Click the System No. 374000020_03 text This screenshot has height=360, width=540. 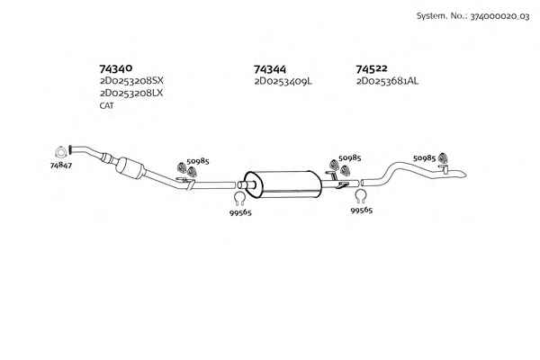(x=472, y=16)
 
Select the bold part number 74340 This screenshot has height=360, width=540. (x=116, y=68)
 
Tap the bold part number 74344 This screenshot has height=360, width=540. (x=270, y=69)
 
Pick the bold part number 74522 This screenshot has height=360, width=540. (x=372, y=69)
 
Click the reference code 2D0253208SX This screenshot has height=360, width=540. (x=131, y=81)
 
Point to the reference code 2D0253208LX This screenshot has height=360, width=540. (x=131, y=93)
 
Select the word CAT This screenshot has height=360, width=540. (x=106, y=106)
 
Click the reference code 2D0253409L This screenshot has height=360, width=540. (x=283, y=82)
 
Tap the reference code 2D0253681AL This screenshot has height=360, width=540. (x=387, y=81)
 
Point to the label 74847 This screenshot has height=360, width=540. (x=61, y=166)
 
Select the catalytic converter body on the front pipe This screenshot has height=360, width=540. (x=130, y=167)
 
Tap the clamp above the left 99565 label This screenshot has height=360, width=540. (x=239, y=198)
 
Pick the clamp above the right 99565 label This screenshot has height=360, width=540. (x=360, y=196)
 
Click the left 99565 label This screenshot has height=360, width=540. (x=240, y=212)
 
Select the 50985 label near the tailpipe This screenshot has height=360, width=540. (x=424, y=157)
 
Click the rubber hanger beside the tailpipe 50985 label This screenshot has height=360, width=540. (x=443, y=157)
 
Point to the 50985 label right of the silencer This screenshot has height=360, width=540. (x=349, y=157)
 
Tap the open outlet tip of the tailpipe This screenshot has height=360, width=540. (x=465, y=175)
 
